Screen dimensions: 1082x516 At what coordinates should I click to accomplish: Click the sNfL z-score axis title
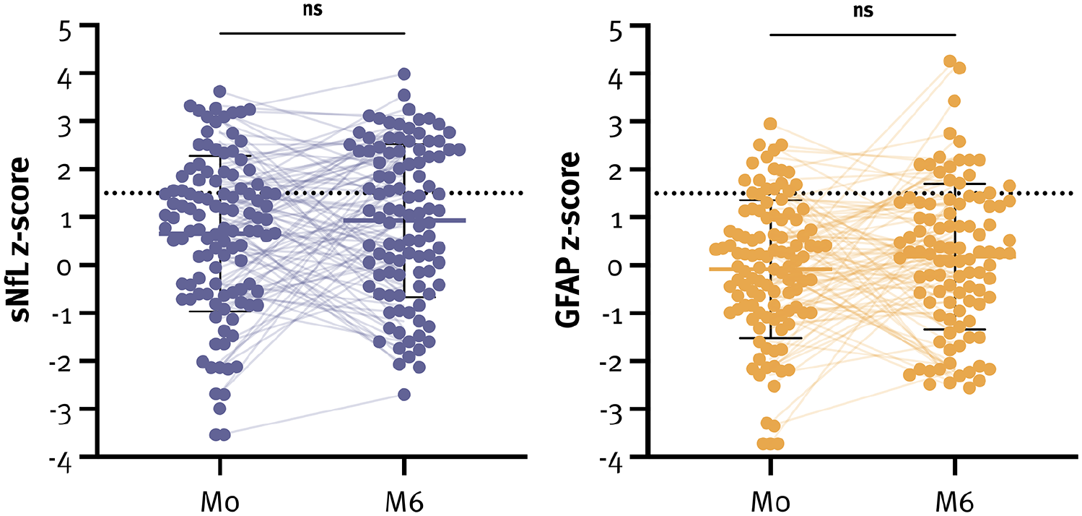[x=20, y=240]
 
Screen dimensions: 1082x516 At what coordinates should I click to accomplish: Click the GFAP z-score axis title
[x=568, y=240]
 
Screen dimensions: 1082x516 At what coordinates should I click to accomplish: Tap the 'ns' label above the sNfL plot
[x=313, y=9]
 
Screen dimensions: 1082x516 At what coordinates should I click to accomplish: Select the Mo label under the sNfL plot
[x=219, y=503]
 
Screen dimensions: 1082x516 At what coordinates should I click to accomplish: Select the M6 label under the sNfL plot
[x=404, y=503]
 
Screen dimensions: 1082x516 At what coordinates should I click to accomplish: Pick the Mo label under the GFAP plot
[x=771, y=503]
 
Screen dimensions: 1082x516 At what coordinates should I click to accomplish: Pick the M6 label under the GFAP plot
[x=955, y=503]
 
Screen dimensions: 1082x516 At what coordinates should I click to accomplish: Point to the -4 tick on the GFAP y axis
[x=611, y=465]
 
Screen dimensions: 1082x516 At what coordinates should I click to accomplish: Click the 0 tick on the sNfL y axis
[x=64, y=267]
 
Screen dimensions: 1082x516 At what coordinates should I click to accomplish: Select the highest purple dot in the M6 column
[x=404, y=74]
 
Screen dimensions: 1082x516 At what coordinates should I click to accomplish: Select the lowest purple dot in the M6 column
[x=404, y=395]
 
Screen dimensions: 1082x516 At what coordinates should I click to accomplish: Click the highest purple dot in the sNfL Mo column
[x=219, y=91]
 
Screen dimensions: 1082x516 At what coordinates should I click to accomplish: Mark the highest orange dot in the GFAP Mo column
[x=770, y=124]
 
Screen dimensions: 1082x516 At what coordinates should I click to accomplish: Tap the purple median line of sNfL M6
[x=404, y=220]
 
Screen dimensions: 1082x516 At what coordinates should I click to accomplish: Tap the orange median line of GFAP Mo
[x=771, y=269]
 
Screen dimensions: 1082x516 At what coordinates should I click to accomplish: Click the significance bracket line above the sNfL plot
[x=312, y=33]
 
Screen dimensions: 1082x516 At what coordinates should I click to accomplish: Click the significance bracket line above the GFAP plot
[x=863, y=35]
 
